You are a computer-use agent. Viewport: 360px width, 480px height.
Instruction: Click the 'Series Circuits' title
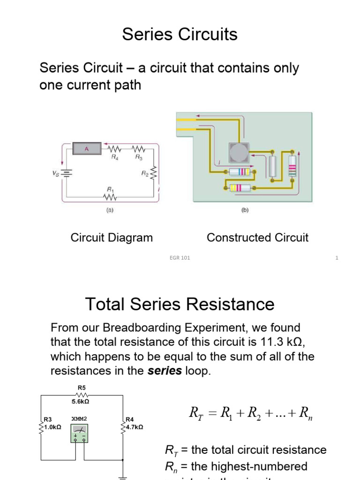[180, 34]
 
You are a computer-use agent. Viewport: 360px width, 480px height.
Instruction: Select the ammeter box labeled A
[86, 149]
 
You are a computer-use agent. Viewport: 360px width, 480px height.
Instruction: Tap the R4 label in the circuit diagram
[115, 158]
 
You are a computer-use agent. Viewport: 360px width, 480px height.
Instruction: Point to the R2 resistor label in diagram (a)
[144, 173]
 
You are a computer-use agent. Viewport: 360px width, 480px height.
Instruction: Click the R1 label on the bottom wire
[110, 189]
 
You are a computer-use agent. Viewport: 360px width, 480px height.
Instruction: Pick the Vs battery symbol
[67, 173]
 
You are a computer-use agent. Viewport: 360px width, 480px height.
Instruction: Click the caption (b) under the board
[245, 210]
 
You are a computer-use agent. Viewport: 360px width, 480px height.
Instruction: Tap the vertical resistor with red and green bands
[292, 166]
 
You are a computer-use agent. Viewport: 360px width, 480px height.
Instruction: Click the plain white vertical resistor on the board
[273, 166]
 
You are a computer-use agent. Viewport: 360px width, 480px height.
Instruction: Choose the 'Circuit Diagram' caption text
[112, 238]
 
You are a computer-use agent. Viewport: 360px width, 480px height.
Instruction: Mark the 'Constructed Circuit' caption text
[257, 238]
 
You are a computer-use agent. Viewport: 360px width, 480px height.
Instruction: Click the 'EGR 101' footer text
[180, 258]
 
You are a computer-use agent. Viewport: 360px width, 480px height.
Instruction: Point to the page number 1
[337, 258]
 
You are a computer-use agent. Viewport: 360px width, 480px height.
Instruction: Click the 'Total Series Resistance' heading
[180, 304]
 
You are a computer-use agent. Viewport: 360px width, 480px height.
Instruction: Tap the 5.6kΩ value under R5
[80, 401]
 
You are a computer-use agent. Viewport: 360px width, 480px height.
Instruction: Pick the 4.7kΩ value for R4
[135, 427]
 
